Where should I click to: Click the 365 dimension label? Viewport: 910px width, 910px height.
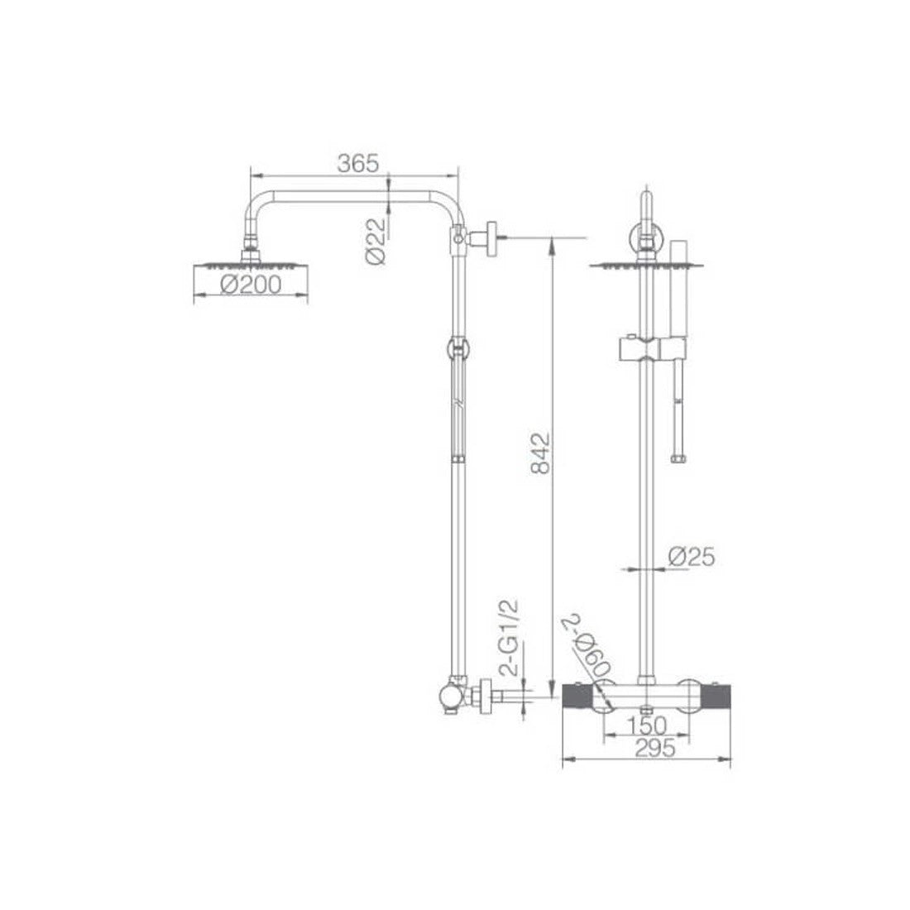(x=358, y=164)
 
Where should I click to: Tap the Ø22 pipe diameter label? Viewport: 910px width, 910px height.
(x=376, y=242)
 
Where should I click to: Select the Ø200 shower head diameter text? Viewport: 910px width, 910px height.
(x=251, y=285)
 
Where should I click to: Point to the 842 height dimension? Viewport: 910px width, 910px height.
(x=541, y=453)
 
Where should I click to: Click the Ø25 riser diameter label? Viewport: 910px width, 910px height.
(x=692, y=557)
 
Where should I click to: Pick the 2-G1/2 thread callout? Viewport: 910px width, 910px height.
(x=509, y=637)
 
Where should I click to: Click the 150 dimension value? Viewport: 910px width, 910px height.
(x=647, y=726)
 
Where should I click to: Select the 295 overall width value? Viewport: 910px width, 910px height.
(x=655, y=748)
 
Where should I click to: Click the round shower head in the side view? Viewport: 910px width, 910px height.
(x=251, y=267)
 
